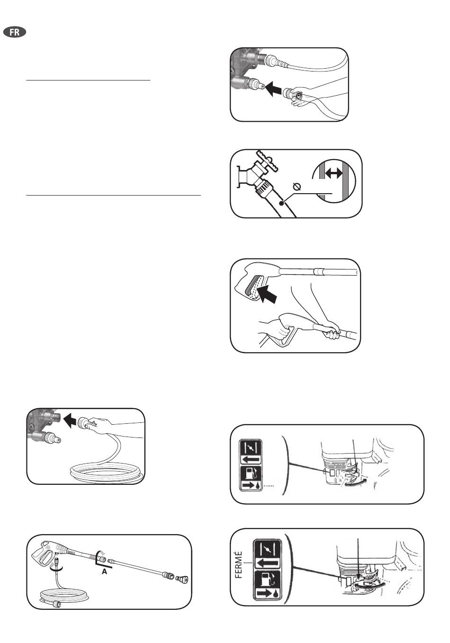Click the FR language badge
[15, 32]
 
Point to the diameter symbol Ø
[297, 187]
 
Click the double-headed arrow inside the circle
[334, 173]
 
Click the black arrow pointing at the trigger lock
[268, 294]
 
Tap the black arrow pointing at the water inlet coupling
[273, 89]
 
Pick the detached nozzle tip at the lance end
[182, 579]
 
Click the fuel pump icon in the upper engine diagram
[251, 473]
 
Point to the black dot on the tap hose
[282, 203]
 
